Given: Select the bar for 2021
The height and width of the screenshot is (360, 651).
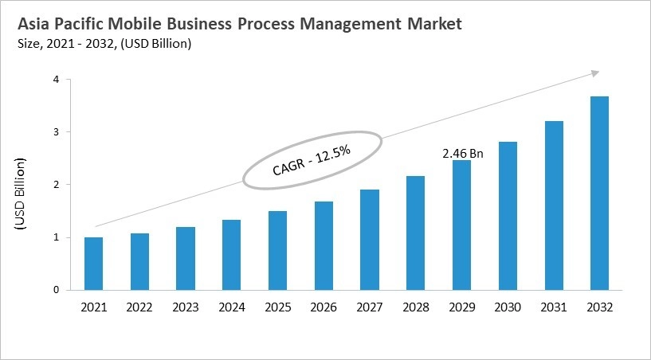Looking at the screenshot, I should [x=94, y=264].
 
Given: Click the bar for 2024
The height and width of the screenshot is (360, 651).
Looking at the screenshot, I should [x=230, y=255].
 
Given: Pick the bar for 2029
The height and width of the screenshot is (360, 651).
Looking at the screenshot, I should [x=462, y=225].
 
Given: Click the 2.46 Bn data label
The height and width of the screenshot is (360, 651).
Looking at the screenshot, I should [x=462, y=151].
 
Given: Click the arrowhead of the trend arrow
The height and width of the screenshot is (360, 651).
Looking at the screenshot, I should [x=594, y=73].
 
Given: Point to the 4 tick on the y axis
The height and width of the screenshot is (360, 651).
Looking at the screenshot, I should [x=57, y=80].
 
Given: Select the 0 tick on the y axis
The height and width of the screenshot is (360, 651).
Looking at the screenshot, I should [x=57, y=290].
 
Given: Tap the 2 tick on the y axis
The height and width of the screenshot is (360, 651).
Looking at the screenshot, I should [x=57, y=185].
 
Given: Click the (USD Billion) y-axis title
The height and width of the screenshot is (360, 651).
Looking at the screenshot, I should [x=20, y=195].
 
